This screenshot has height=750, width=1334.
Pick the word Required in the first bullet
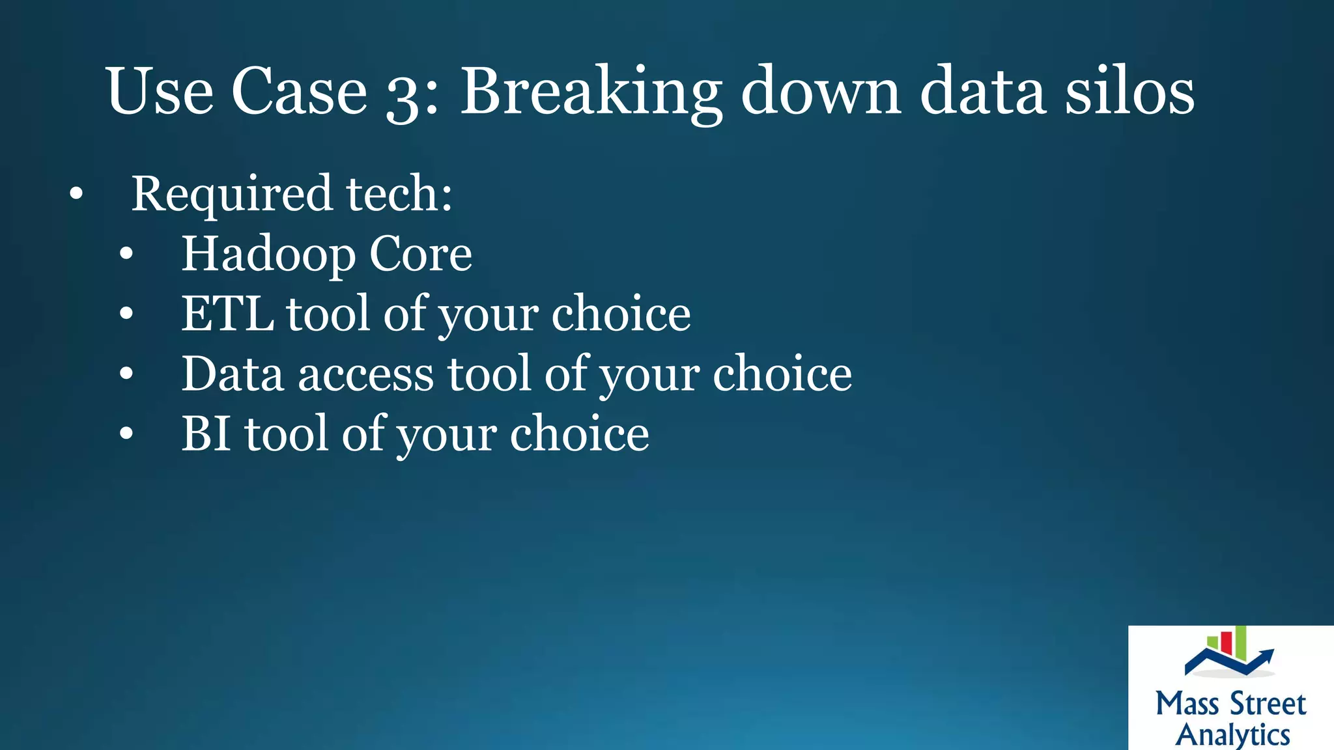tap(232, 194)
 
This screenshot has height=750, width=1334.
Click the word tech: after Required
tap(399, 194)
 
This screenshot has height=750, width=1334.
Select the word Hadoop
tap(268, 255)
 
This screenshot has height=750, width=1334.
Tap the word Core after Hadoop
tap(420, 254)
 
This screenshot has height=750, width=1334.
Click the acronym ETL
tap(227, 314)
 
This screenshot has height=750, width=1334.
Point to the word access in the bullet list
tap(366, 374)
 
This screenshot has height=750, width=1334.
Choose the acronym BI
tap(206, 434)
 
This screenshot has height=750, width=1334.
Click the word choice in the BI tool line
tap(579, 434)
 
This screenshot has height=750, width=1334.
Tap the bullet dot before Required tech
tap(76, 194)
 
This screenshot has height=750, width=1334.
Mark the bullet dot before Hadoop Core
tap(126, 255)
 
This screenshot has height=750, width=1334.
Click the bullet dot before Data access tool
tap(126, 374)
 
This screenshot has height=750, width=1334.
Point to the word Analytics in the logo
tap(1232, 734)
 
